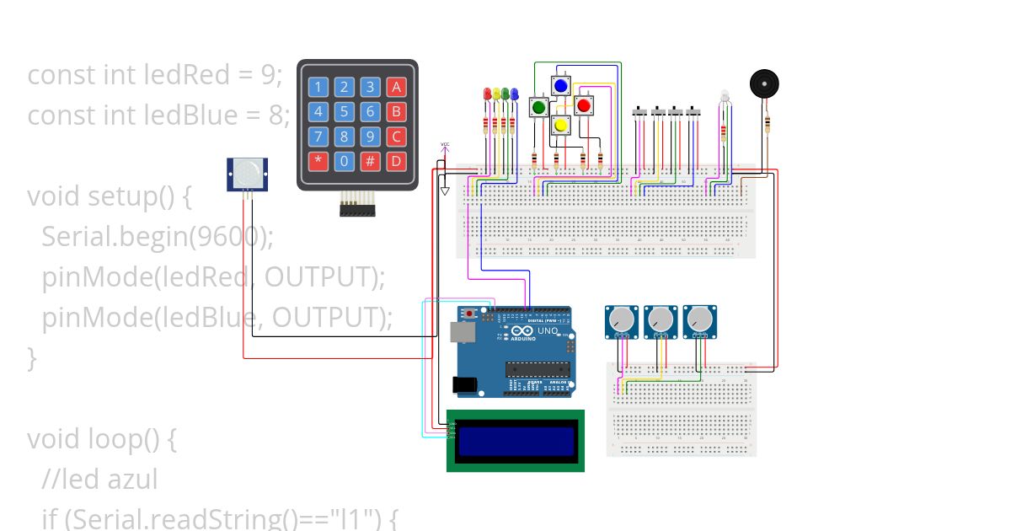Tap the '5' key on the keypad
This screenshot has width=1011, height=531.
pos(344,111)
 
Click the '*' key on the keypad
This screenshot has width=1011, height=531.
pos(318,160)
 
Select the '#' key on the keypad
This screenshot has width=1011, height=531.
pos(370,160)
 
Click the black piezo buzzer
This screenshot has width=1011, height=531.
pos(764,84)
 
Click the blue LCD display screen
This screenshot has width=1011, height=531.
pos(516,441)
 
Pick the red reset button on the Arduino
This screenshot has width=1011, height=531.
pos(469,314)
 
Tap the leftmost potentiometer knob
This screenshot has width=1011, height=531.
pos(620,319)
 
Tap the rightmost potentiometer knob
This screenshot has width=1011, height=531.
pos(698,319)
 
